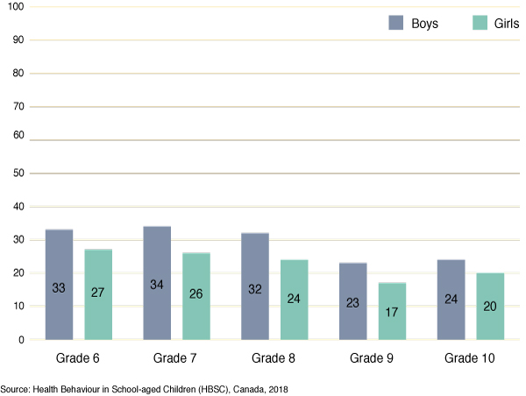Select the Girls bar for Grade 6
[x=98, y=293]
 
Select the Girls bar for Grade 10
[x=490, y=306]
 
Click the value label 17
[x=392, y=311]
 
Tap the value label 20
[x=490, y=307]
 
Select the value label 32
[x=255, y=298]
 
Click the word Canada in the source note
[x=248, y=387]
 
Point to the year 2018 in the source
[x=278, y=387]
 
